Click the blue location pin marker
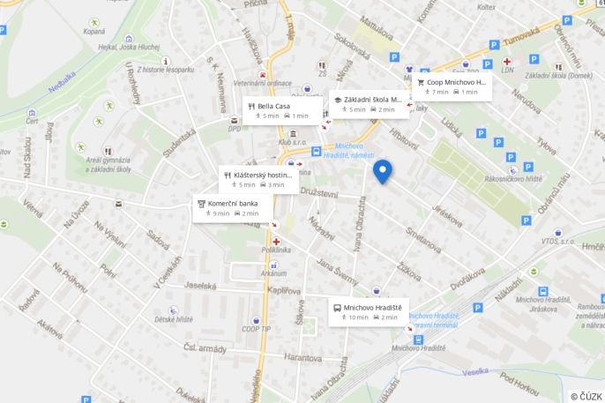click(382, 170)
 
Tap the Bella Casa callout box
click(281, 110)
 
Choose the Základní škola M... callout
click(367, 104)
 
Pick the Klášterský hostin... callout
click(258, 179)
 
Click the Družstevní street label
click(318, 192)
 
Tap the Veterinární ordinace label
click(262, 83)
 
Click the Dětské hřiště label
click(174, 319)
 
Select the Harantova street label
click(302, 358)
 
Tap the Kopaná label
click(93, 31)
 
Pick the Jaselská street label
click(200, 286)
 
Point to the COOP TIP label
click(256, 329)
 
